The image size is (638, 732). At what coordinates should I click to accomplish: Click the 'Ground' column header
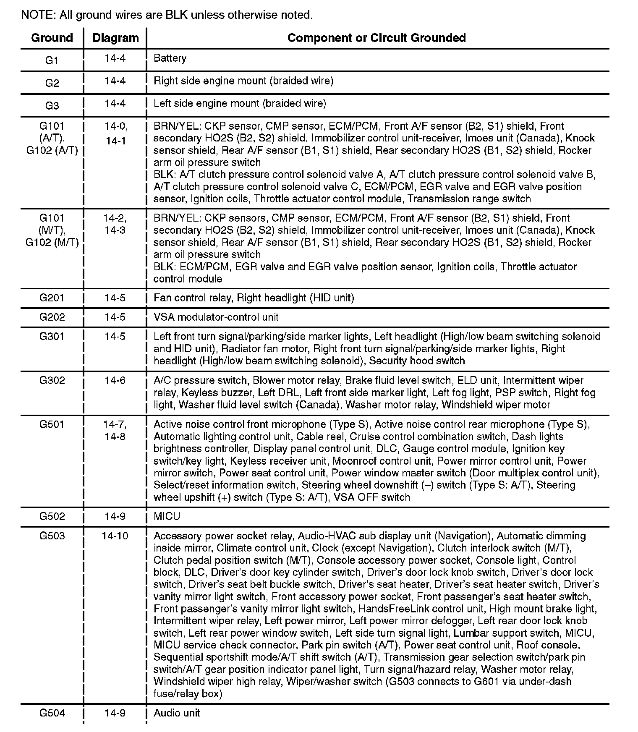[x=52, y=38]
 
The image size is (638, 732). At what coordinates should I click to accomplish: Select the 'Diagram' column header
[x=115, y=38]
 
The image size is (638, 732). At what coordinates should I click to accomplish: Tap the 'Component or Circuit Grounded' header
[x=377, y=38]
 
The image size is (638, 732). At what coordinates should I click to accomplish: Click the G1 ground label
[x=52, y=60]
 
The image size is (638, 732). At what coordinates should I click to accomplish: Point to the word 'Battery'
[x=170, y=58]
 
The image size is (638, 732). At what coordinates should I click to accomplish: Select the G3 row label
[x=52, y=106]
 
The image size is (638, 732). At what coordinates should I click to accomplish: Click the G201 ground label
[x=52, y=298]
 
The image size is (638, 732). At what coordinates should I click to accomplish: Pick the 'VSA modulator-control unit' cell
[x=216, y=317]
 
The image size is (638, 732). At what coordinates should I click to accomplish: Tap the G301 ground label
[x=52, y=336]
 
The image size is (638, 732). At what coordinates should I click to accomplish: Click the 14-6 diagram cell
[x=115, y=380]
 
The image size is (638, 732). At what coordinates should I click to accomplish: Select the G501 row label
[x=52, y=424]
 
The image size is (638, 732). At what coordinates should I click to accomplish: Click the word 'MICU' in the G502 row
[x=167, y=516]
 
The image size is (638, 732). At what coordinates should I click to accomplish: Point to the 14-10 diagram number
[x=115, y=536]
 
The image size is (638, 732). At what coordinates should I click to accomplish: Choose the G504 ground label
[x=52, y=713]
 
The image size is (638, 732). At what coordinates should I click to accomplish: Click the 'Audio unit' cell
[x=177, y=713]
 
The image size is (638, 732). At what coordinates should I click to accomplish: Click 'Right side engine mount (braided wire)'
[x=243, y=81]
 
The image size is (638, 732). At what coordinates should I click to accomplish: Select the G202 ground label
[x=52, y=317]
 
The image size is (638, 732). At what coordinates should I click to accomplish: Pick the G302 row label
[x=52, y=380]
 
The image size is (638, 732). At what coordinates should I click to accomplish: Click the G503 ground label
[x=52, y=536]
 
